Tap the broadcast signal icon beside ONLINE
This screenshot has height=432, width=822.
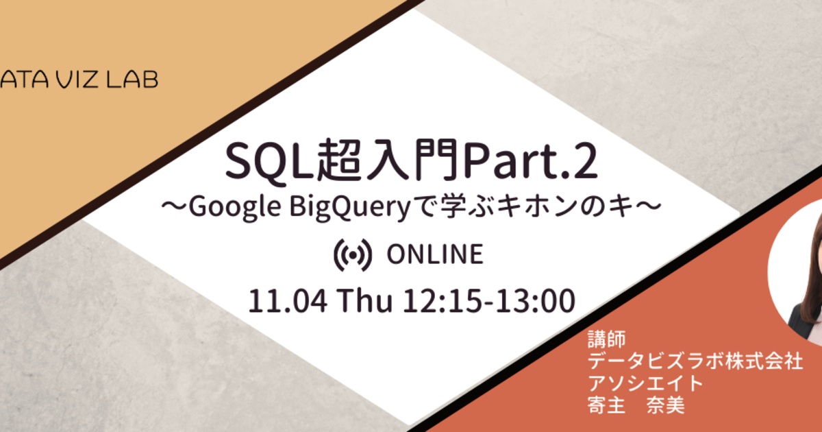point(353,255)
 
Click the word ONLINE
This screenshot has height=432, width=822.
point(435,254)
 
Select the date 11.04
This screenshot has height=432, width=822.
point(288,301)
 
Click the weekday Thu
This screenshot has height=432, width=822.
point(364,301)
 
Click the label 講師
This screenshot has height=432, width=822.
point(607,339)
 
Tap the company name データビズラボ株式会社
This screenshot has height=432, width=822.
point(695,361)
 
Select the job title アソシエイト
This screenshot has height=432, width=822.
point(645,383)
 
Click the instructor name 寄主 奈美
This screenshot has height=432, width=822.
point(636,405)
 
